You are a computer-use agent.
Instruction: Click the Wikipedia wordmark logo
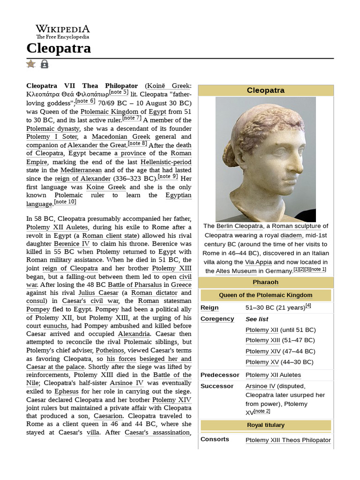pos(62,31)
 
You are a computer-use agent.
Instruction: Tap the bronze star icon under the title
pos(31,64)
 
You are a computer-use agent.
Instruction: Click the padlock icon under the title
pos(45,64)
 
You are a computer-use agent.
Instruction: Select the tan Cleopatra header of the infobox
pos(265,90)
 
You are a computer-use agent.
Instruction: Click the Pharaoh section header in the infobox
pos(265,282)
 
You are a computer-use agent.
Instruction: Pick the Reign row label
pos(210,308)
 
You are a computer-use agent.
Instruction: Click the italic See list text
pos(257,319)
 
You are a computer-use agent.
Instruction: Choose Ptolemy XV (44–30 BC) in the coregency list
pos(279,362)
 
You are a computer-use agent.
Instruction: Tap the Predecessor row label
pos(220,375)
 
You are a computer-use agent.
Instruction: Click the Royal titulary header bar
pos(265,425)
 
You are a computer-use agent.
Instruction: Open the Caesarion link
pos(108,416)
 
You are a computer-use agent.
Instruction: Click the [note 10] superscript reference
pos(65,202)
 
